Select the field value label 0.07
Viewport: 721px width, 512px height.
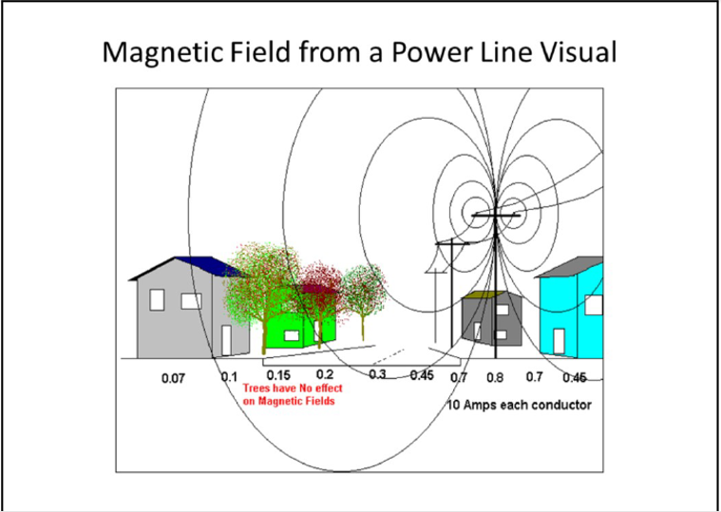click(x=173, y=379)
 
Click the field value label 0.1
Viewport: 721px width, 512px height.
click(x=229, y=377)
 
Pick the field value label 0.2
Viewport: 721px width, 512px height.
click(x=325, y=374)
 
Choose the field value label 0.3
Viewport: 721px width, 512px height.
click(x=377, y=374)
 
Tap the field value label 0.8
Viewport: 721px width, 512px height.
click(x=495, y=378)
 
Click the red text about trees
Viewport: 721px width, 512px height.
click(x=293, y=394)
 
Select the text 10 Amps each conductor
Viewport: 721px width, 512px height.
click(x=519, y=405)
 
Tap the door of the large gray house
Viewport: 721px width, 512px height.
click(x=226, y=340)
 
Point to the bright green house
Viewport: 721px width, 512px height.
click(x=299, y=329)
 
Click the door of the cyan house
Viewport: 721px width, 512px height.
click(x=559, y=341)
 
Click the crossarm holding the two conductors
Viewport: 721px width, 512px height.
click(x=496, y=215)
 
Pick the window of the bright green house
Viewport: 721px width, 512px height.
click(x=292, y=335)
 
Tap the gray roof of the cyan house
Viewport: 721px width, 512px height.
click(x=570, y=267)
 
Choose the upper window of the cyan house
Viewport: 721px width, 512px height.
click(x=594, y=305)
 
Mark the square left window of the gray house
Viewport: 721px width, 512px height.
click(x=157, y=299)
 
